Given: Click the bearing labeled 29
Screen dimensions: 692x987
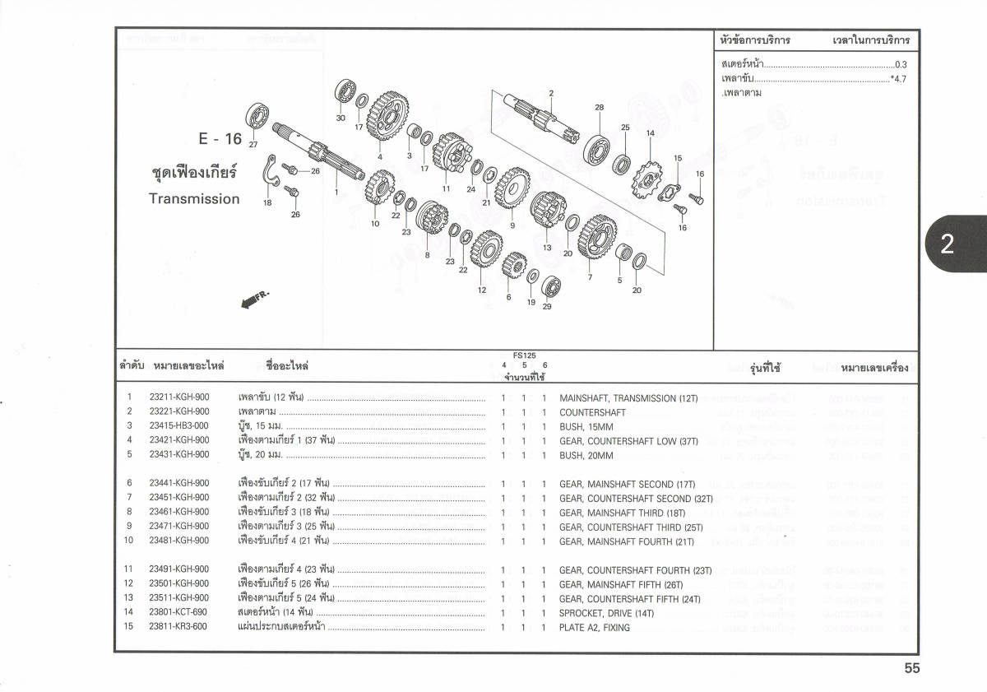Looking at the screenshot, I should (553, 287).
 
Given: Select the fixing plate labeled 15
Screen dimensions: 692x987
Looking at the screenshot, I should (671, 190).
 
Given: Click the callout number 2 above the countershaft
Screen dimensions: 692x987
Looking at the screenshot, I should (551, 93).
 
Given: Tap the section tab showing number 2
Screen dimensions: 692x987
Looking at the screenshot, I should (947, 244).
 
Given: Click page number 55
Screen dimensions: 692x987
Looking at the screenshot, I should (911, 669).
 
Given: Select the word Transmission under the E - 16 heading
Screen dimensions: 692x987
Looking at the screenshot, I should (194, 199).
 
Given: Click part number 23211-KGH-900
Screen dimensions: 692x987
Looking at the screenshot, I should (179, 398).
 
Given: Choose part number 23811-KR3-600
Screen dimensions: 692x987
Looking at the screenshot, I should (178, 627).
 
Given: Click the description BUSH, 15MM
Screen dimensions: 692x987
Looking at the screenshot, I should (586, 427).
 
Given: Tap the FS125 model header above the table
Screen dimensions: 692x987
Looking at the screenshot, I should (524, 355).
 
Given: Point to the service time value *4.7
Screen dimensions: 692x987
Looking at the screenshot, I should (897, 79).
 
